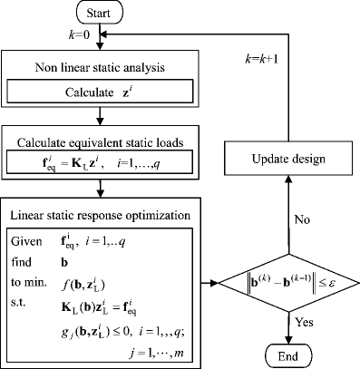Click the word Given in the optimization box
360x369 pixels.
[28, 243]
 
